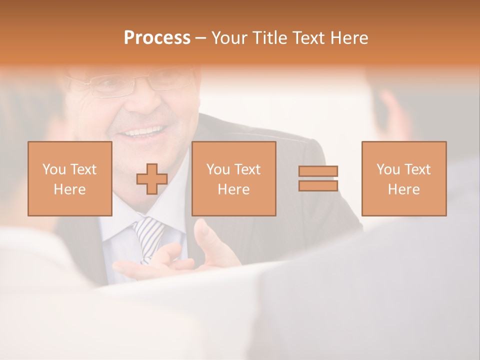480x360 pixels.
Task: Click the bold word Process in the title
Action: tap(157, 38)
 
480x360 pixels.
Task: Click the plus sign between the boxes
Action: tap(152, 179)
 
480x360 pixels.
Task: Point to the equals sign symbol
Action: tap(318, 178)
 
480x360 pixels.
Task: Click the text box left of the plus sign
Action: tap(70, 178)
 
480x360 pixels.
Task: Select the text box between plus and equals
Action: tap(234, 178)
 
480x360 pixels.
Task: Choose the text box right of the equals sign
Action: tap(404, 178)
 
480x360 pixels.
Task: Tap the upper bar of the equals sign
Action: tap(318, 171)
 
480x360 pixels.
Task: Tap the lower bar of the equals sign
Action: tap(318, 185)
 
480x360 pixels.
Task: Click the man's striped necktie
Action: tap(149, 235)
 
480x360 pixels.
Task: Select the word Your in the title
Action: tap(229, 38)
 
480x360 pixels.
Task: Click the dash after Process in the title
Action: tap(201, 38)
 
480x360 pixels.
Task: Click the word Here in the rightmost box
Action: tap(404, 189)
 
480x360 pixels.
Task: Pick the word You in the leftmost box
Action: tap(53, 169)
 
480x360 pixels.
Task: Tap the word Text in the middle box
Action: tap(247, 169)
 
